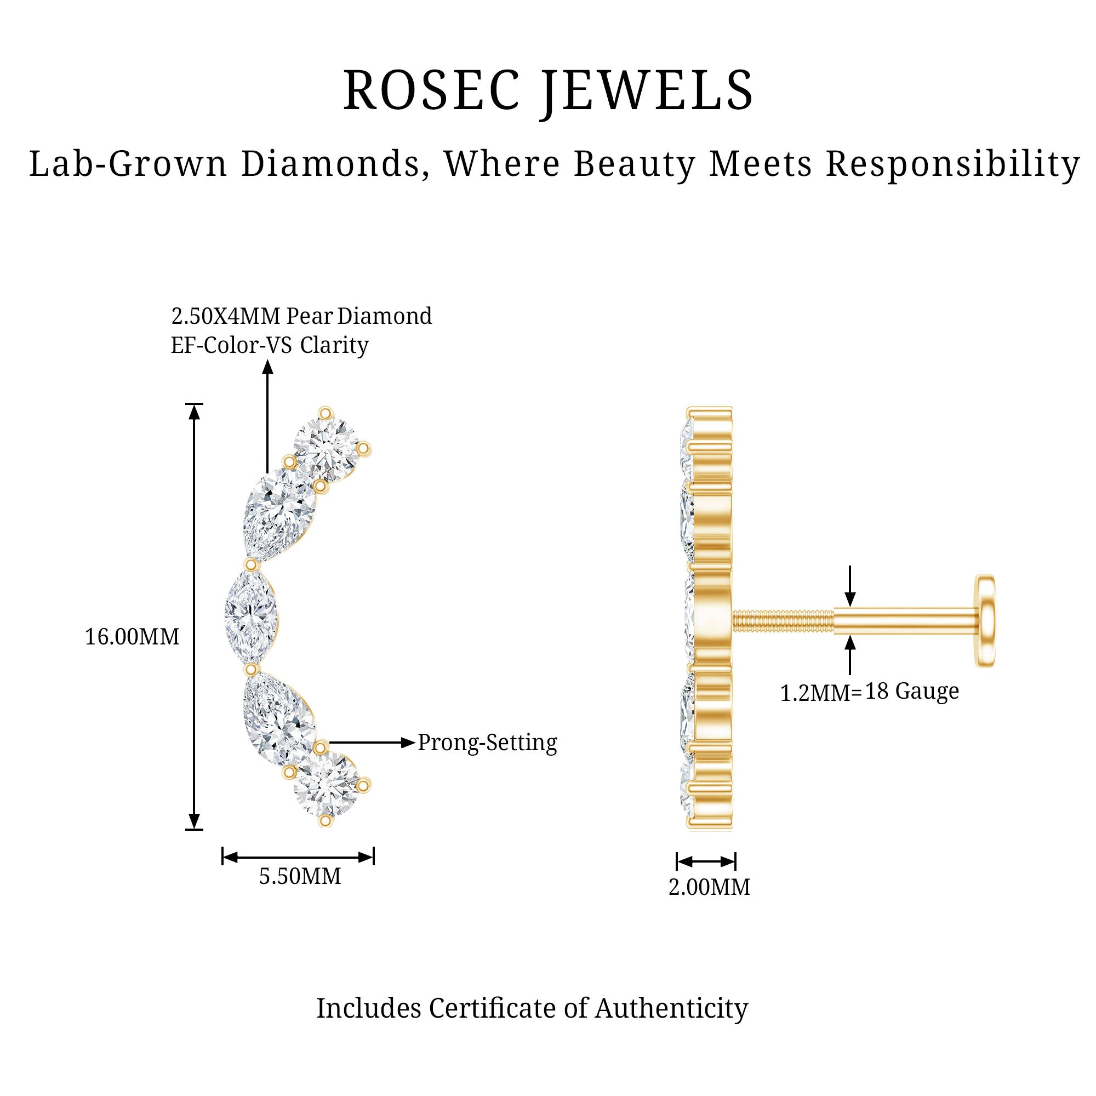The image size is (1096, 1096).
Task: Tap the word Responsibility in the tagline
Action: pos(952,165)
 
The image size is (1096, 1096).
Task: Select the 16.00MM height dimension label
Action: pos(132,637)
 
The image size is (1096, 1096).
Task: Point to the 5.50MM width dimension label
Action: pos(300,876)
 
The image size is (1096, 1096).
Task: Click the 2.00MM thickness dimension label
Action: pos(709,887)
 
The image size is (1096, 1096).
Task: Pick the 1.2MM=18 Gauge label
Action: pos(869,692)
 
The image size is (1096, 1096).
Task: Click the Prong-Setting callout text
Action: pos(487,743)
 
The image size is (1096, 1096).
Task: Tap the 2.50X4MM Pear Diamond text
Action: pos(301,316)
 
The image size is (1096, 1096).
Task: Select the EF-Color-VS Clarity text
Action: pos(270,345)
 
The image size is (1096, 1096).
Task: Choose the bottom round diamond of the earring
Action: pos(326,786)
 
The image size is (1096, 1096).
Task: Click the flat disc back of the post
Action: pos(985,621)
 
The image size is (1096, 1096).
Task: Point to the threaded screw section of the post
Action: pos(783,621)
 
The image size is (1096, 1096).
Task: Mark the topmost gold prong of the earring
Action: pos(326,413)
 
